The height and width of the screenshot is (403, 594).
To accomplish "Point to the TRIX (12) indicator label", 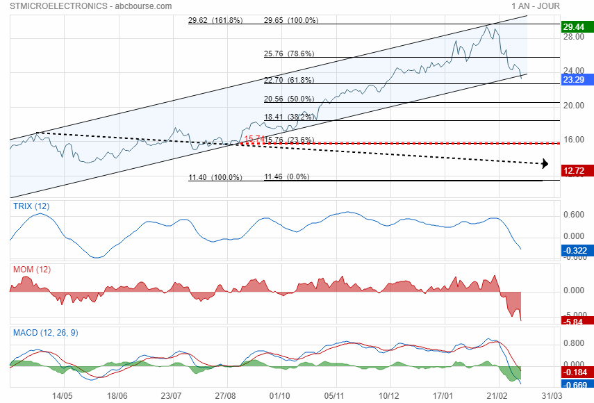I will (x=31, y=206).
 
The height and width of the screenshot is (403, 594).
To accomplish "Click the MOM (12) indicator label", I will (x=32, y=270).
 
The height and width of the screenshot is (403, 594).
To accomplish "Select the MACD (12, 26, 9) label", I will (x=46, y=333).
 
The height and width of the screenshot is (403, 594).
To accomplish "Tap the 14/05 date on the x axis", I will (x=63, y=395).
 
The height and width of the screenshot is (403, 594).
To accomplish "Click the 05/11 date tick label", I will (x=336, y=395).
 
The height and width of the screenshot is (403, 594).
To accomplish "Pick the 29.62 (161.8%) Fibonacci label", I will (x=215, y=20).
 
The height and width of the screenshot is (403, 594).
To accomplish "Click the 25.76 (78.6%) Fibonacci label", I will (x=289, y=54).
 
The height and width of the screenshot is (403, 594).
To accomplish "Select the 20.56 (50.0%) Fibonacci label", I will (x=289, y=99).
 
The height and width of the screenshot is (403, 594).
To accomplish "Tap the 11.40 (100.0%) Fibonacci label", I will (x=215, y=177).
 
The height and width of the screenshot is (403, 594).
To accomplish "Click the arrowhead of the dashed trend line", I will (x=546, y=164).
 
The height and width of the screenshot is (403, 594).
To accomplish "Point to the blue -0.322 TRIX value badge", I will (x=576, y=250).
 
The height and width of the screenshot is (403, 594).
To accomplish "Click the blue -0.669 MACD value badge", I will (x=576, y=384).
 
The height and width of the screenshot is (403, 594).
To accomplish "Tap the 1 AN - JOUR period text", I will (x=535, y=6).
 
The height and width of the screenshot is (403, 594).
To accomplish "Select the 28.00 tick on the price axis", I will (x=573, y=37).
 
